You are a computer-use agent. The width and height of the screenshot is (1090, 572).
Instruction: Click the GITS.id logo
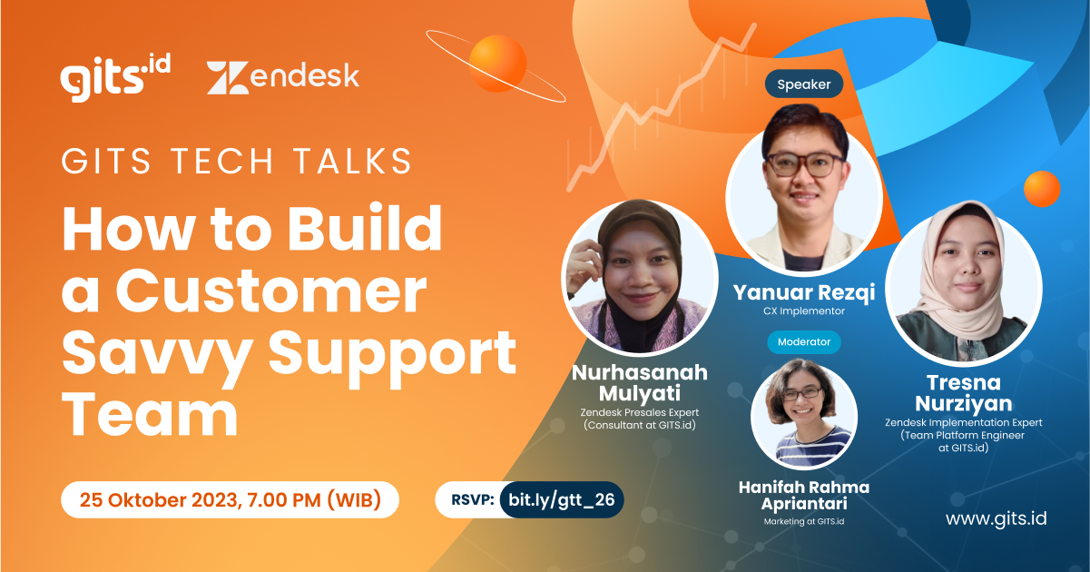click(x=115, y=78)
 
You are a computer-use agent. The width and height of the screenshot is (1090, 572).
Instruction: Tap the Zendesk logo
click(x=282, y=78)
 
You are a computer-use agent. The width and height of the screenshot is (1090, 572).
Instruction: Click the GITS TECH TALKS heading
click(x=237, y=162)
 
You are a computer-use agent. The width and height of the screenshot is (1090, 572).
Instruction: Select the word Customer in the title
click(x=271, y=293)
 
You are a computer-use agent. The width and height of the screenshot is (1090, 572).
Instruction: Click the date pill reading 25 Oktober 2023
click(x=230, y=499)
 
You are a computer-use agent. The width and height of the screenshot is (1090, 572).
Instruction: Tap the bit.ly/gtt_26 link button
click(x=561, y=499)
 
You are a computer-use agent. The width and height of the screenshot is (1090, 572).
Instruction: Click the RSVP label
click(x=472, y=499)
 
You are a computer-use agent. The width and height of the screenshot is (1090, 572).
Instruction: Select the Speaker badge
click(x=803, y=84)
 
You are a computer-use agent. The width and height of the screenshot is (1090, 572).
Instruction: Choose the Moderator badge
click(x=803, y=342)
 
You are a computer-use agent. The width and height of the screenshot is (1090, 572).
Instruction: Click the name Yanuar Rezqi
click(x=803, y=292)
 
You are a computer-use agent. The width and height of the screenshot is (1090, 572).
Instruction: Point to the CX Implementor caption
click(x=803, y=311)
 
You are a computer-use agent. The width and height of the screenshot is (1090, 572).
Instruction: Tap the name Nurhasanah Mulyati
click(x=640, y=383)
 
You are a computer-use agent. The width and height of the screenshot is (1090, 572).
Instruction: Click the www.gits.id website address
click(x=996, y=518)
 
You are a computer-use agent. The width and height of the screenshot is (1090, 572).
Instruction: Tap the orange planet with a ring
click(x=497, y=64)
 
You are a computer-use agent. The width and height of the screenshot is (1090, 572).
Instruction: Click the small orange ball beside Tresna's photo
click(x=1042, y=190)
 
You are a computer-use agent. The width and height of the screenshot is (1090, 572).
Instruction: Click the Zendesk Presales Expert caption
click(x=640, y=411)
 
